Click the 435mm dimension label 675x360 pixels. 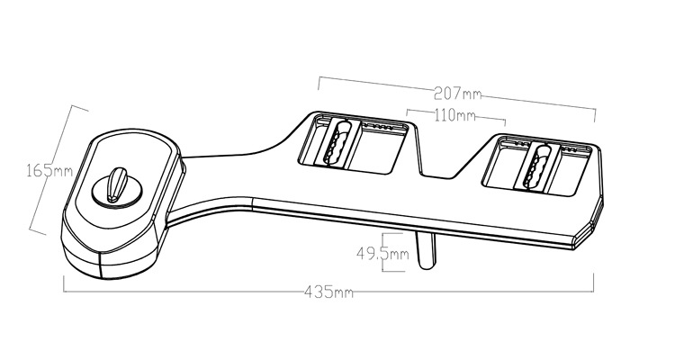click(x=328, y=292)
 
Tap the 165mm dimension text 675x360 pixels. click(x=49, y=170)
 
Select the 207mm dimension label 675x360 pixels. click(x=457, y=93)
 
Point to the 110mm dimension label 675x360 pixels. click(x=455, y=115)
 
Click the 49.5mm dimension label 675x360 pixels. click(x=382, y=254)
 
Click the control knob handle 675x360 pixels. click(x=117, y=184)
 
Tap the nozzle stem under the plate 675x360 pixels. click(x=427, y=250)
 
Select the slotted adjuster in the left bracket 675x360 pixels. click(x=337, y=143)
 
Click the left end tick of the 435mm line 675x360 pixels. click(x=64, y=284)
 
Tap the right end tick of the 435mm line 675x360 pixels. click(x=594, y=283)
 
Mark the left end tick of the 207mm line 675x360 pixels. click(x=319, y=84)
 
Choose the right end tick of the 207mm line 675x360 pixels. click(x=596, y=115)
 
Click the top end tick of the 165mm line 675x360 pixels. click(x=79, y=108)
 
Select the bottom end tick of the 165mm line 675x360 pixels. click(x=38, y=232)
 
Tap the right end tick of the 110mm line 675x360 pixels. click(x=505, y=121)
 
